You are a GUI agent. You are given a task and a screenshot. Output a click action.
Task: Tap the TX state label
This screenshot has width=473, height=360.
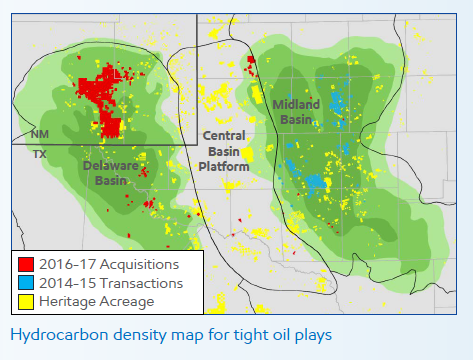(x=39, y=154)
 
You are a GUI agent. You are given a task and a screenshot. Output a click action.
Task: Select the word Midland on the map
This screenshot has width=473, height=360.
(x=296, y=103)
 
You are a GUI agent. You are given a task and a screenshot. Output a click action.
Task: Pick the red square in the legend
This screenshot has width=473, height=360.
(x=25, y=265)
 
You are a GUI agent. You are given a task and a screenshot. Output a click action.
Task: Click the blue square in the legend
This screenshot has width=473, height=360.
(x=25, y=283)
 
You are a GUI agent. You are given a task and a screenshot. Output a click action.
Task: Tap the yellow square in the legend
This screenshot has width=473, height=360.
(x=25, y=301)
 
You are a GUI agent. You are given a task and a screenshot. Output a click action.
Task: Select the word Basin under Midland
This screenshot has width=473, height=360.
(x=296, y=119)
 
